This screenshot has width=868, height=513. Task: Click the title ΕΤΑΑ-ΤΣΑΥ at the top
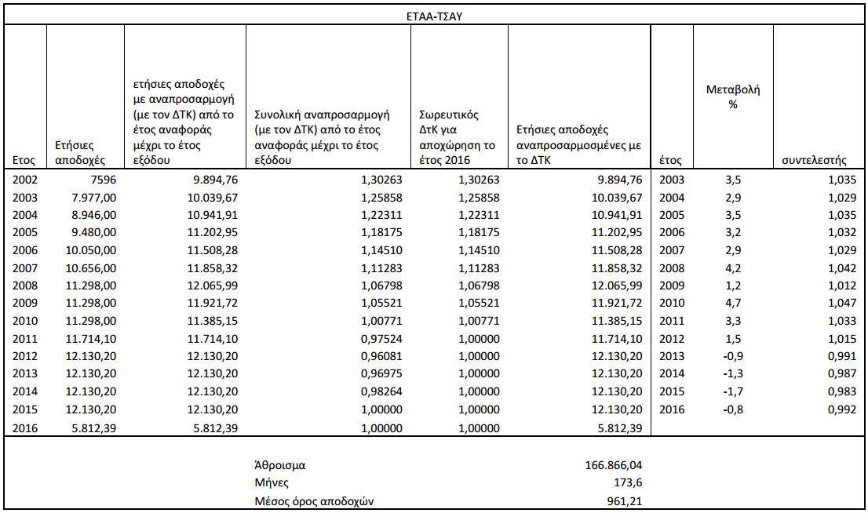tap(433, 15)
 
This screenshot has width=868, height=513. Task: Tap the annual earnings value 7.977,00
tap(92, 197)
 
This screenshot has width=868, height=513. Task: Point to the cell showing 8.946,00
tap(92, 214)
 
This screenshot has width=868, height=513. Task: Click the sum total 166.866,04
tap(610, 465)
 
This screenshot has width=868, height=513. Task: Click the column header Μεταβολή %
tap(733, 97)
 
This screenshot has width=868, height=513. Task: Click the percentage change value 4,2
tap(732, 267)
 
